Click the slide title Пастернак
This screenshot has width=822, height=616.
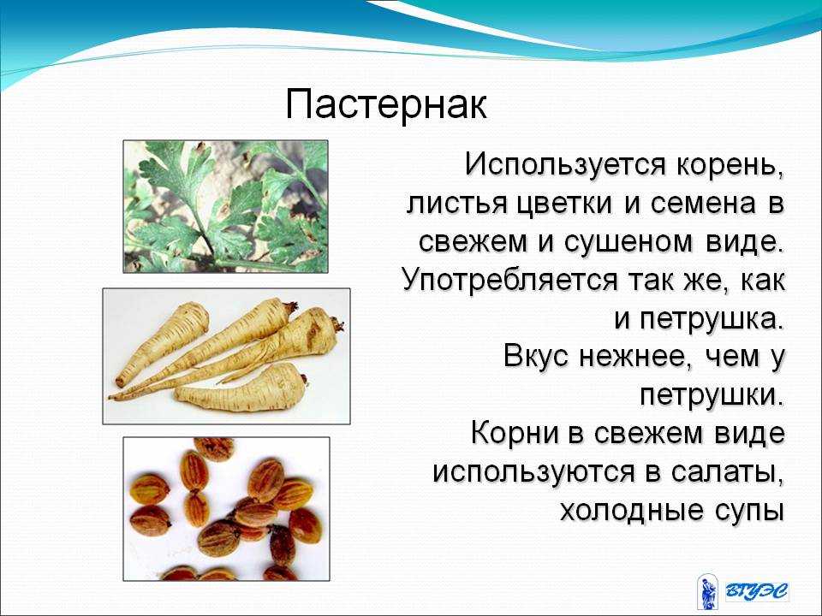coord(386,105)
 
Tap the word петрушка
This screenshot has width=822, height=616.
coord(712,320)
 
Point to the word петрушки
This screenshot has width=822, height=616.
coord(712,396)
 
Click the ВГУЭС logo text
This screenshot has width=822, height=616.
coord(757,591)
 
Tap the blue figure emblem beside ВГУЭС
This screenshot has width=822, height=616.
coord(707,592)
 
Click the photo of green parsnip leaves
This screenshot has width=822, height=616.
coord(225,206)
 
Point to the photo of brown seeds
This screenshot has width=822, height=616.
coord(226,509)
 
